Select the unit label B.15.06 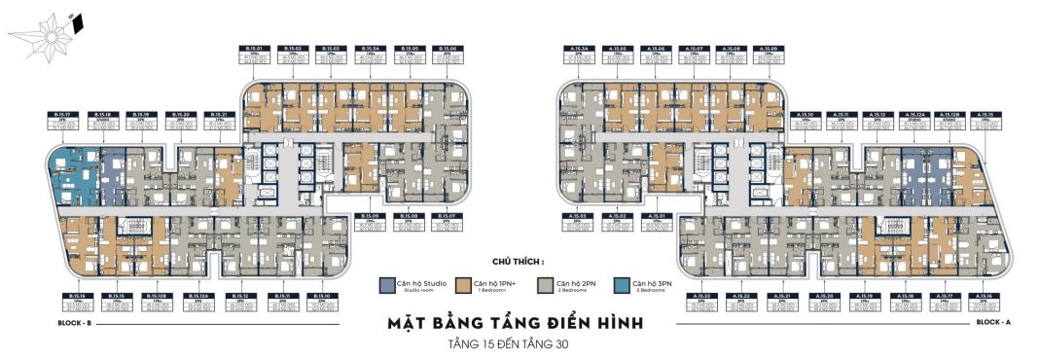(x=447, y=48)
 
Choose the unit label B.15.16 (x=74, y=295)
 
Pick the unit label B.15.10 (x=320, y=295)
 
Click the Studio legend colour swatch (x=386, y=285)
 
